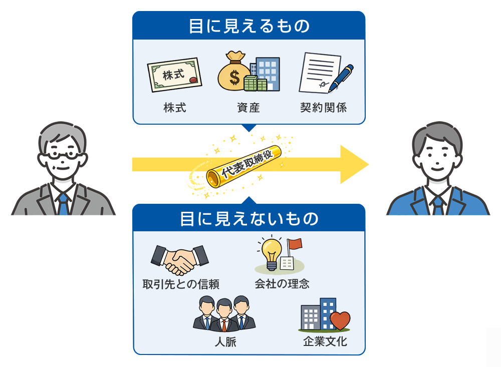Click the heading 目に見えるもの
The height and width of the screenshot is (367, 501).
249,26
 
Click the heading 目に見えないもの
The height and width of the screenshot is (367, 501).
249,219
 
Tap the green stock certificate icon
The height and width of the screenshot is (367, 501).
174,77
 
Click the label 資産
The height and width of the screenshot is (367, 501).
248,108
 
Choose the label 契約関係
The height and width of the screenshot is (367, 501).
324,108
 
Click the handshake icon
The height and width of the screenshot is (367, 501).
179,259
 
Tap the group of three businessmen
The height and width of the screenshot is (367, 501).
224,314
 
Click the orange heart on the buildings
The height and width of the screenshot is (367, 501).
340,320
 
